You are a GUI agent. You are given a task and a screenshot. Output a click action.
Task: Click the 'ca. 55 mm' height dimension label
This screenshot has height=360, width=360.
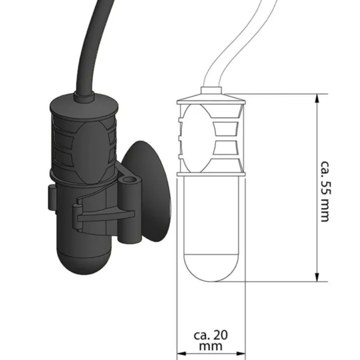pyautogui.click(x=325, y=191)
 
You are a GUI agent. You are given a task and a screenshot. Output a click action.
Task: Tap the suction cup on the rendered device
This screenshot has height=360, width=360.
pyautogui.click(x=147, y=191)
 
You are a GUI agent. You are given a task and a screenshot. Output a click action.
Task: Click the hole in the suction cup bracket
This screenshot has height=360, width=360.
pyautogui.click(x=128, y=179)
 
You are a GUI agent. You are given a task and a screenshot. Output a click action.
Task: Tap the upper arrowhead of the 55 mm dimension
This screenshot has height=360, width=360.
pyautogui.click(x=317, y=99)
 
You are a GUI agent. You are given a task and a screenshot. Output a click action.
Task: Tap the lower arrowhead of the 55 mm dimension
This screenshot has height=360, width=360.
pyautogui.click(x=317, y=277)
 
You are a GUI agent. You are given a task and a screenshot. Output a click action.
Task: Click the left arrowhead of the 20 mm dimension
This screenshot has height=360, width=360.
pyautogui.click(x=181, y=354)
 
